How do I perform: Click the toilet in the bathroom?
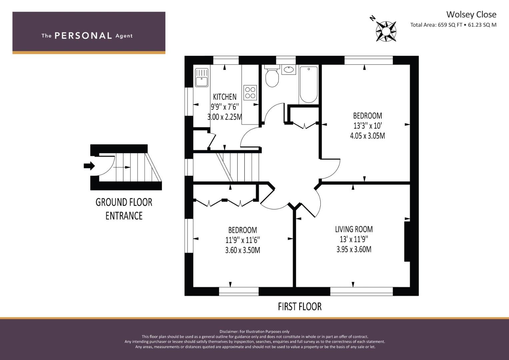pos(272,76)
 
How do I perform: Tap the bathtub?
pos(309,85)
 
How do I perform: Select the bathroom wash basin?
pos(289,69)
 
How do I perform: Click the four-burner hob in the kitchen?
pos(250,93)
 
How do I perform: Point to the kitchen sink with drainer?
pos(202,77)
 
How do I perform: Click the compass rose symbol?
pos(386,31)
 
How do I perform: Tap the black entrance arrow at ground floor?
pos(89,166)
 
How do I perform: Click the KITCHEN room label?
pos(225,97)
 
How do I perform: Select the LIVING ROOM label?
pos(354,229)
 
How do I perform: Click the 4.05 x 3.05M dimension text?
pos(367,136)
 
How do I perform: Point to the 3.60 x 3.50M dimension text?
pos(242,250)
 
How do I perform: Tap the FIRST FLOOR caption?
pos(300,307)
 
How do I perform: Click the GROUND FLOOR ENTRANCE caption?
pos(124,209)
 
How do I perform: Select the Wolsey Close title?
pos(471,15)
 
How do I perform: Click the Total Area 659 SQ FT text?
pos(436,25)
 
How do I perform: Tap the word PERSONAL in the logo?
pos(83,36)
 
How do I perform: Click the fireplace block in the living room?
pos(407,242)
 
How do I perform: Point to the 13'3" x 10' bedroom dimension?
pos(367,126)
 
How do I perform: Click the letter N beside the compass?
pos(372,18)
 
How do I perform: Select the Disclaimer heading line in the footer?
pos(254,332)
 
